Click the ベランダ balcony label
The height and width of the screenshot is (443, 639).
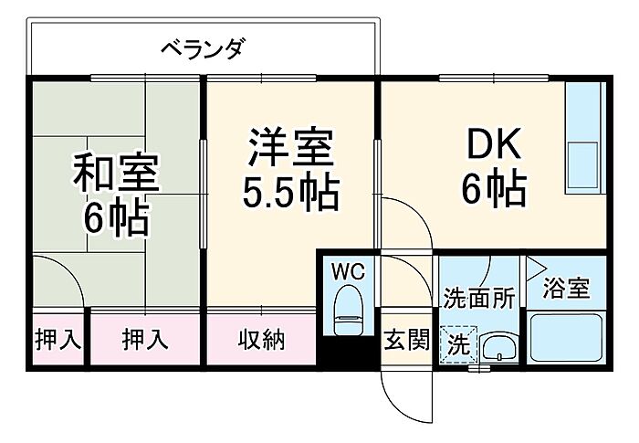pos(204,49)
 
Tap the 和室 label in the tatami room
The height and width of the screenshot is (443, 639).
pos(116,172)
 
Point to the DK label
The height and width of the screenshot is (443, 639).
pos(494,143)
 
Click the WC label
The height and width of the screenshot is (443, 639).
pos(348,271)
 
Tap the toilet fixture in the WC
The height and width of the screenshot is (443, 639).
pos(348,310)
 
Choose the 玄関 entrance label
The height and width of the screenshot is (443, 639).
pos(407,340)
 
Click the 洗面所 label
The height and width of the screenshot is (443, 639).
pos(479,298)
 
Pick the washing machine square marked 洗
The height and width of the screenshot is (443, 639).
pos(459,344)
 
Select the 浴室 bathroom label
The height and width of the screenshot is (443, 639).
pos(567,288)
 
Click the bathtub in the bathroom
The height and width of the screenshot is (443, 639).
pos(567,337)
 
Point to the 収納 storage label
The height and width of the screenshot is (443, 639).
pos(261,340)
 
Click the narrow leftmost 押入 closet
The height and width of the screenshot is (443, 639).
pos(58,339)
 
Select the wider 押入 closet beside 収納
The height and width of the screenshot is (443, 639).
pos(145,339)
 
